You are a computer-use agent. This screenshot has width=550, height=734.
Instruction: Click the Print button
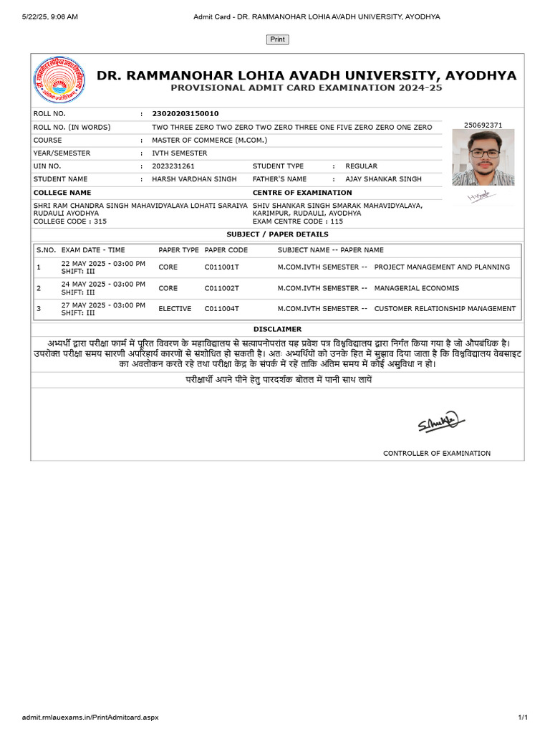point(277,39)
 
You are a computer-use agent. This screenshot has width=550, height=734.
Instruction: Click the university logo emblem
point(59,80)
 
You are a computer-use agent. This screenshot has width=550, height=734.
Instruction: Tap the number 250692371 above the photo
point(483,125)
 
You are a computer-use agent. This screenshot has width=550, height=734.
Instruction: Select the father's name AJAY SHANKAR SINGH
point(383,179)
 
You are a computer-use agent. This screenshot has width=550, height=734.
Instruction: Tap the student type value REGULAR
point(361,166)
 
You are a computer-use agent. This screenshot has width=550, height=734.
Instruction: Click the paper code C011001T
point(222,267)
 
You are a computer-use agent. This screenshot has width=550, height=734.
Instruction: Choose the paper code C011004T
point(222,309)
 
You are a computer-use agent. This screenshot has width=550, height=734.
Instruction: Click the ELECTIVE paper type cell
point(175,309)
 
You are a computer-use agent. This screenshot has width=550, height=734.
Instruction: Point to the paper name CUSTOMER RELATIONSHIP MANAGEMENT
point(445,309)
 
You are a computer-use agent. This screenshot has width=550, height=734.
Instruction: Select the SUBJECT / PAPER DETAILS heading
point(277,234)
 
